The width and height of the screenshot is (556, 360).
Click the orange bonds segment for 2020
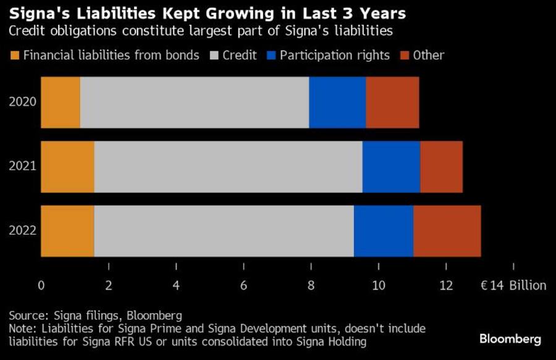tap(61, 103)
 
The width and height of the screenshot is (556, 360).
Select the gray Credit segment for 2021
tap(228, 167)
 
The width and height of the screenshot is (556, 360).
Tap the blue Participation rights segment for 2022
tap(383, 231)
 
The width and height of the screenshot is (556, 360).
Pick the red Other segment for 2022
tap(447, 231)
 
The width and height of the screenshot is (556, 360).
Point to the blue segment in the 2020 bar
tap(337, 103)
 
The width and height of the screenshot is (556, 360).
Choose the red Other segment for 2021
tap(441, 167)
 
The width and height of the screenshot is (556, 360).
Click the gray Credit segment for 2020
tap(194, 103)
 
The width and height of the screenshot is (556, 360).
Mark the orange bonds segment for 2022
tap(67, 231)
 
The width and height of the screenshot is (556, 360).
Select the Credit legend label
tap(240, 56)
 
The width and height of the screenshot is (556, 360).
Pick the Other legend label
tap(429, 56)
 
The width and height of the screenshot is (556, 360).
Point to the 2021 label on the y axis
tap(22, 167)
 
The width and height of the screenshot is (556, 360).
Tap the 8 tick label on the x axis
tap(311, 285)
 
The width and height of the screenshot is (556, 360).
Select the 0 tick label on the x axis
tap(41, 285)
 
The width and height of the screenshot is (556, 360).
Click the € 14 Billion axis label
tap(513, 285)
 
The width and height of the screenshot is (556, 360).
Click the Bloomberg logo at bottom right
tap(510, 339)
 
